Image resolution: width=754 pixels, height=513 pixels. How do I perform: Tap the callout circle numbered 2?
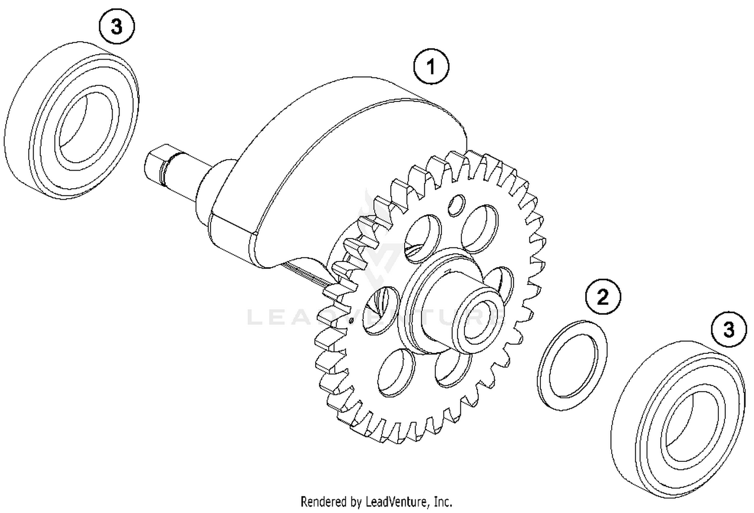[x=603, y=297]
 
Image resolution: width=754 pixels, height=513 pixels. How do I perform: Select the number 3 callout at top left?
[x=117, y=27]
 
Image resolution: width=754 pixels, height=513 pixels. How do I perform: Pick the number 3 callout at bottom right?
[x=728, y=330]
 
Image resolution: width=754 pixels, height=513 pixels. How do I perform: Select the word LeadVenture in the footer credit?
[x=398, y=501]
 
